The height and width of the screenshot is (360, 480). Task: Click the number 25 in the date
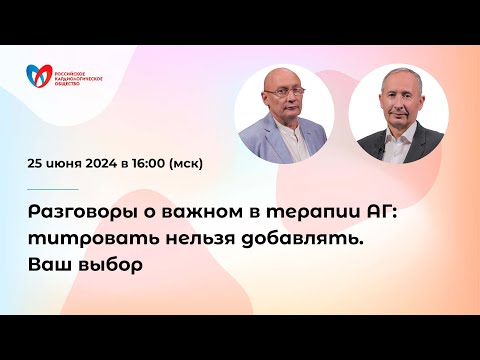(37, 165)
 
